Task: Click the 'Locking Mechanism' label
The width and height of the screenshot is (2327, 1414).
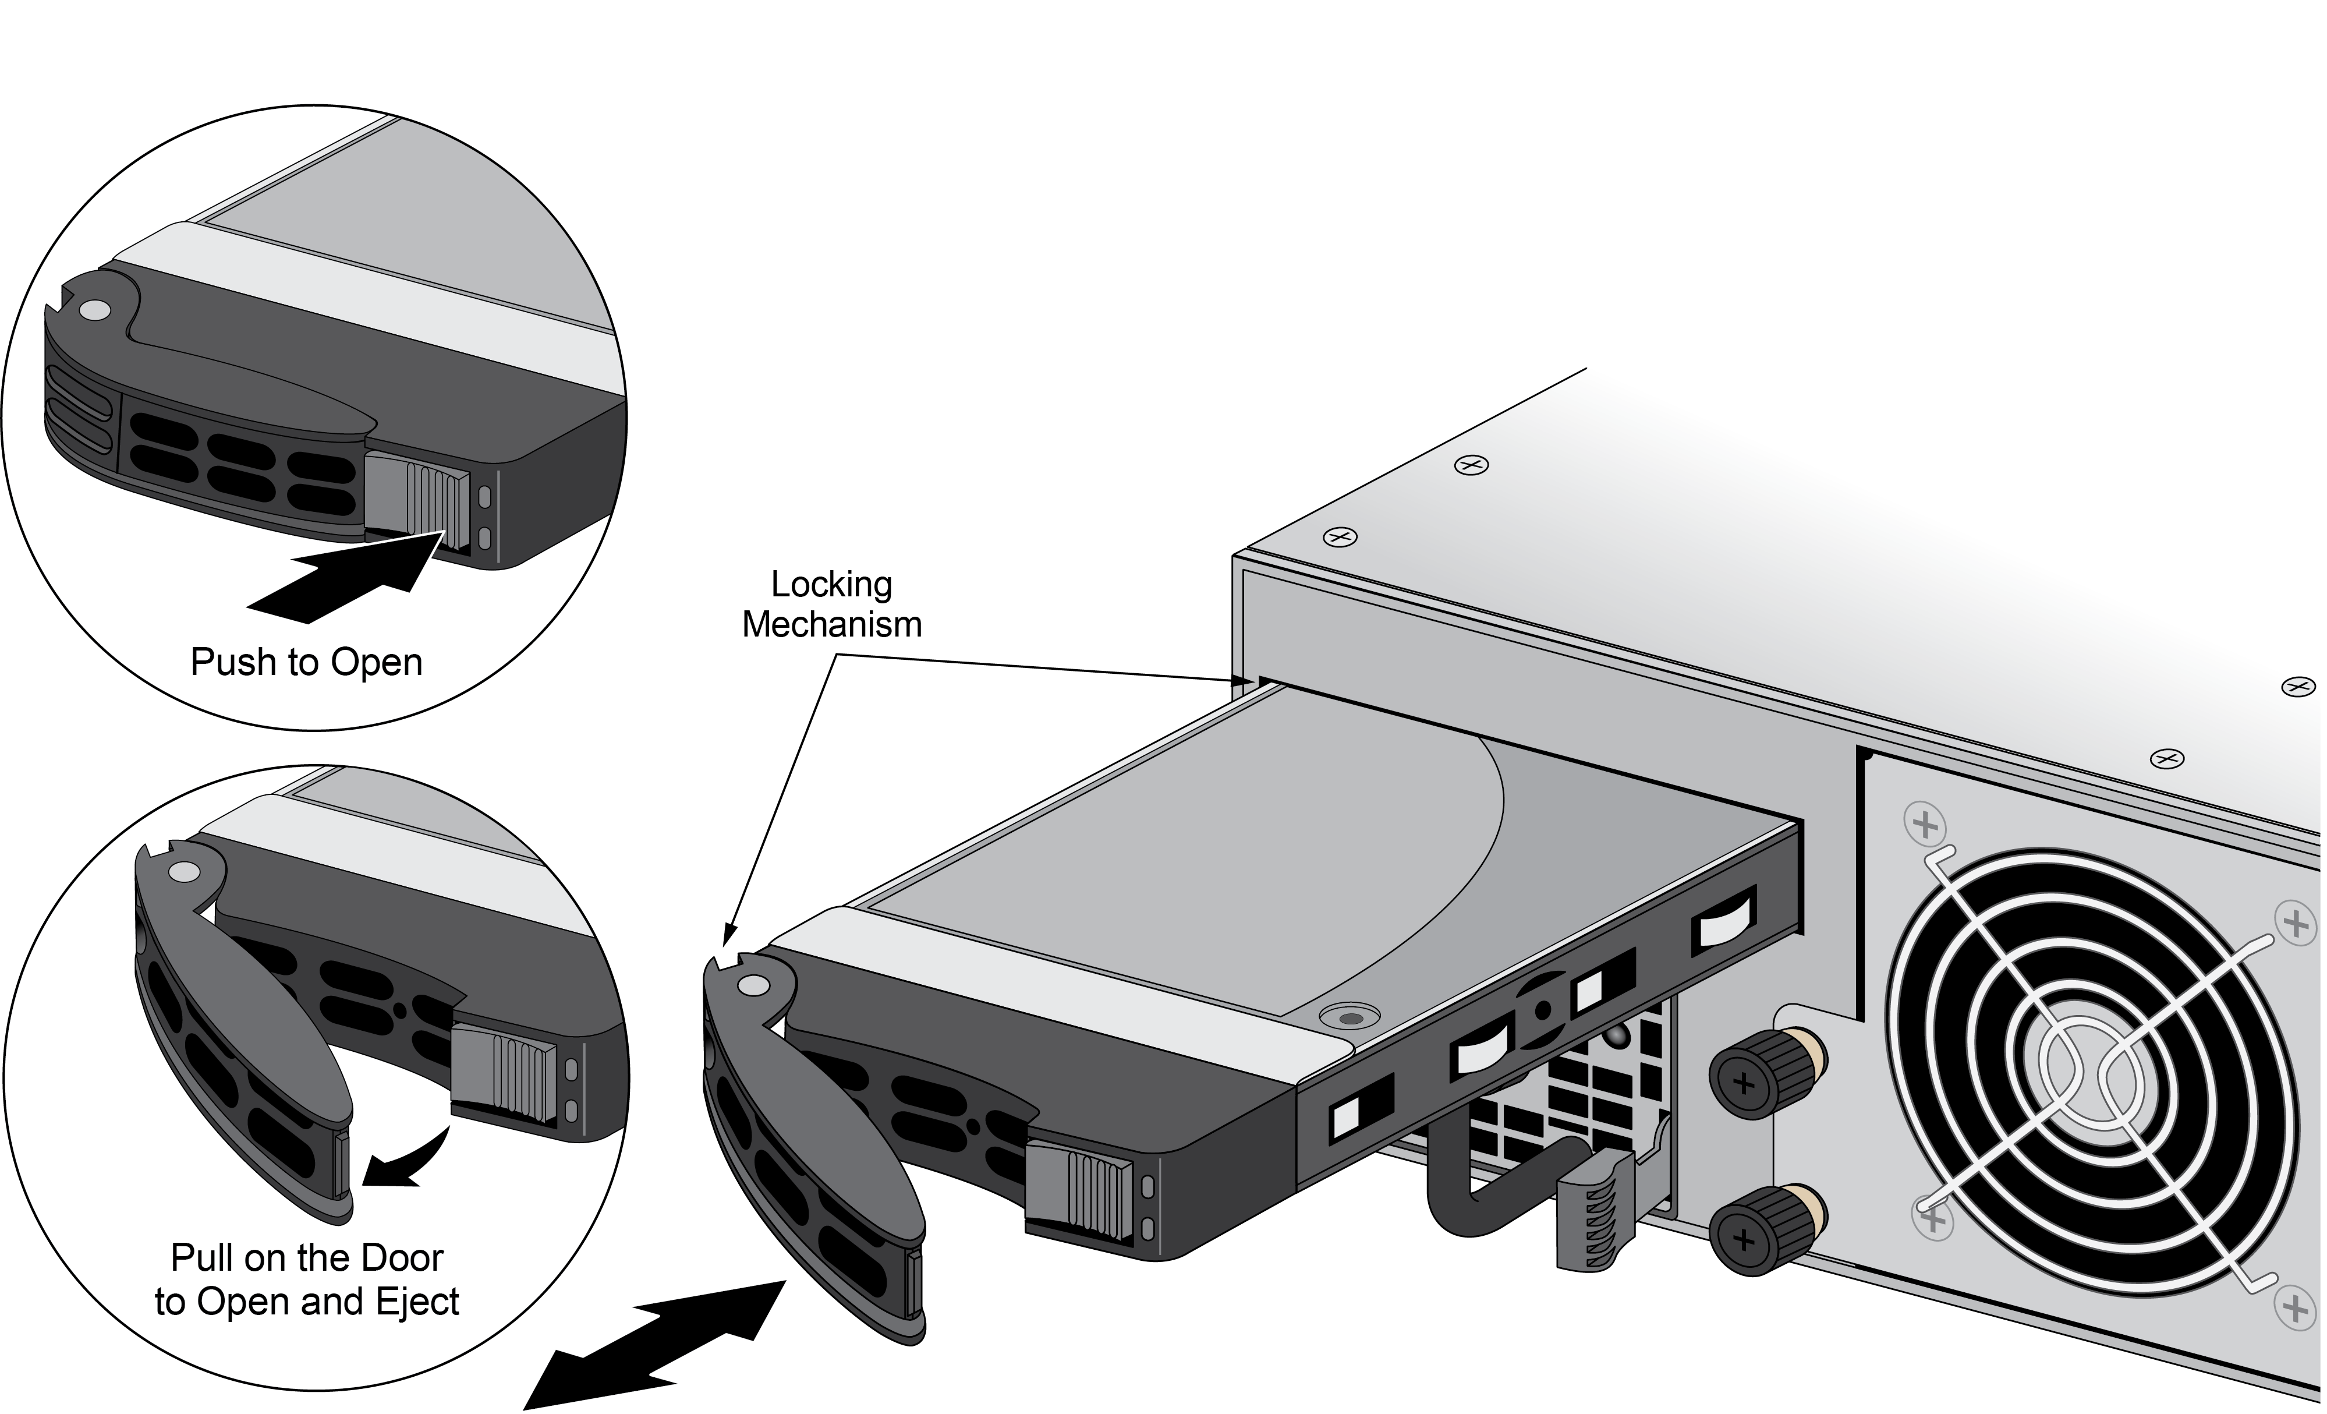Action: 831,605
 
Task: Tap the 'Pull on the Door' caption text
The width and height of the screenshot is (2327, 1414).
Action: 307,1257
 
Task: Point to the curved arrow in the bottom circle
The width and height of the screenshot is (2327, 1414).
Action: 406,1158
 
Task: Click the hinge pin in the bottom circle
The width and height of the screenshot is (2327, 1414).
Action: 183,872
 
